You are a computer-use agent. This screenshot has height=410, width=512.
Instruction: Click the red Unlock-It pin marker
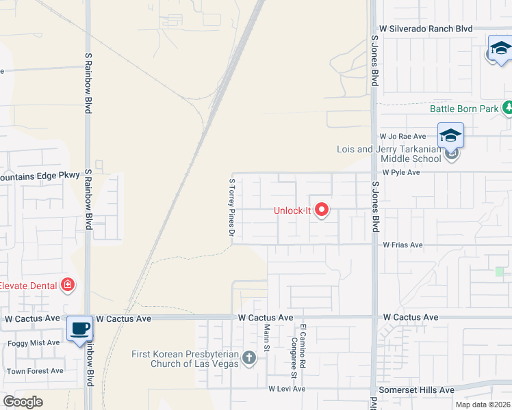click(x=321, y=210)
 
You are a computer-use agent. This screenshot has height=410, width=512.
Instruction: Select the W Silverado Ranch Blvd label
click(x=426, y=29)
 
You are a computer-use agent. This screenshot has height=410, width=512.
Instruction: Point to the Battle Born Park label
click(x=465, y=109)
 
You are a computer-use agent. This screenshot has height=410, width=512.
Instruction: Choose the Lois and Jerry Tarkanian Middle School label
click(x=389, y=154)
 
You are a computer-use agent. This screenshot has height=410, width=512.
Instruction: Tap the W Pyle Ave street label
click(x=401, y=173)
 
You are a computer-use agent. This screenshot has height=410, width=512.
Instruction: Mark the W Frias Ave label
click(x=403, y=245)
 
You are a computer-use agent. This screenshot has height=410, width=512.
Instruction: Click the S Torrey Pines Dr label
click(x=232, y=208)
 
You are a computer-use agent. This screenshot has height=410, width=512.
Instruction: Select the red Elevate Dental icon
click(x=68, y=284)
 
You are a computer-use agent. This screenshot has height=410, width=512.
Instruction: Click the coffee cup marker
click(x=79, y=329)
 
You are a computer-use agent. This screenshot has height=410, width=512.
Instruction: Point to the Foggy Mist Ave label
click(x=33, y=342)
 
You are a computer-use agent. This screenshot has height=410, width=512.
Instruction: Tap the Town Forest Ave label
click(x=35, y=371)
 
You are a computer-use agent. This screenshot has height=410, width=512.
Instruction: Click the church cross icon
click(x=249, y=357)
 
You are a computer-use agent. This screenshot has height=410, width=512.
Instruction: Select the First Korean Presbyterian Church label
click(x=185, y=359)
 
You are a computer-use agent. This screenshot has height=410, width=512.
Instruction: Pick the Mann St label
click(x=267, y=335)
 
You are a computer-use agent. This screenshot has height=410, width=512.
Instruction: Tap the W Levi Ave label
click(x=287, y=389)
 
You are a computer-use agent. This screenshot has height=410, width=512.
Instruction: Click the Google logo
click(x=23, y=402)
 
